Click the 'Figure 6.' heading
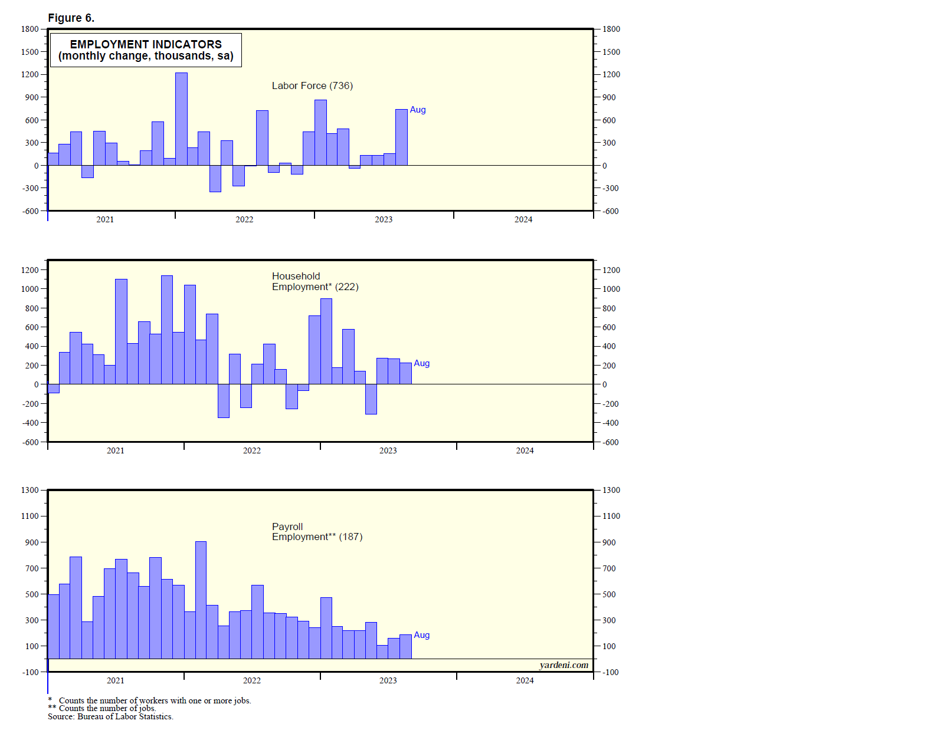tap(71, 18)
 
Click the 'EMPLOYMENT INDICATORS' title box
tap(146, 50)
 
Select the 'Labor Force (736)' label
tap(312, 85)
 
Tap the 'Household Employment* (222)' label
tap(315, 281)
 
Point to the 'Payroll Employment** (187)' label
tap(317, 531)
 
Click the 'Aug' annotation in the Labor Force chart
tap(418, 110)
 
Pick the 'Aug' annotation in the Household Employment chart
tap(422, 363)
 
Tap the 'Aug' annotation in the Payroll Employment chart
tap(422, 635)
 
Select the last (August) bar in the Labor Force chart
tap(401, 137)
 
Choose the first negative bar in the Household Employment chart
tap(54, 389)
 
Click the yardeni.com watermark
tap(564, 665)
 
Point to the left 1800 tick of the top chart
tap(30, 29)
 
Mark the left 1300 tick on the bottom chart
tap(30, 490)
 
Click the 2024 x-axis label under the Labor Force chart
tap(523, 219)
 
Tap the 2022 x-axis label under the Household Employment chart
tap(252, 450)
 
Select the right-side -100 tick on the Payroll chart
tap(610, 672)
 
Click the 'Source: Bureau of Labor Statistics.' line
tap(110, 716)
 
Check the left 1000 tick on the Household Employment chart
tap(30, 289)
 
